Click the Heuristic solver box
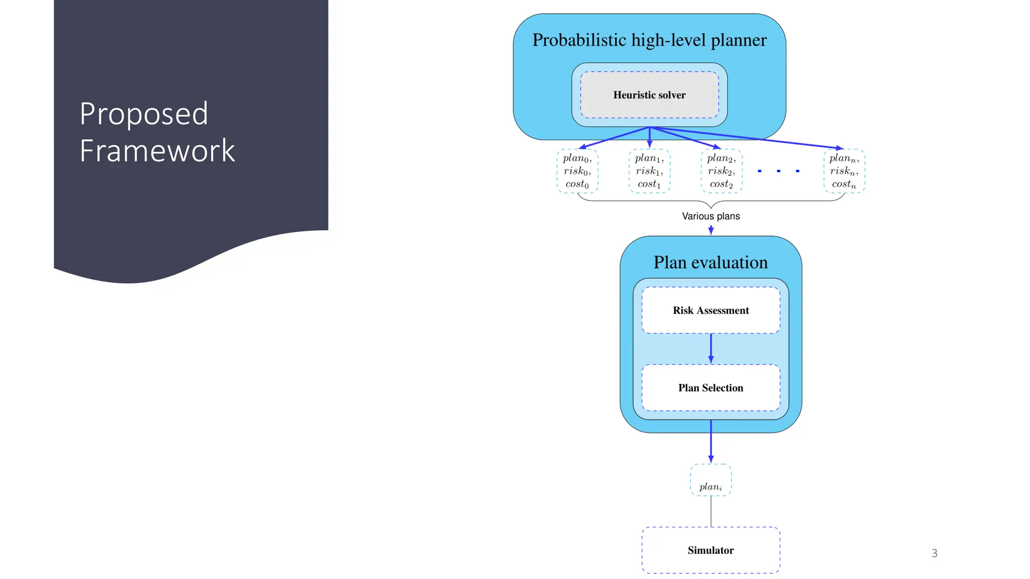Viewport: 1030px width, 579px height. click(x=649, y=95)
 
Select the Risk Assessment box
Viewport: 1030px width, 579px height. click(x=711, y=310)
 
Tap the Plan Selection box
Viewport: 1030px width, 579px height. click(x=711, y=388)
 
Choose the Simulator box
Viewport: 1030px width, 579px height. click(x=711, y=550)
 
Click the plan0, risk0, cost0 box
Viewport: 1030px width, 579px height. click(x=577, y=171)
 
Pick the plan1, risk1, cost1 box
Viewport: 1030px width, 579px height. click(x=649, y=171)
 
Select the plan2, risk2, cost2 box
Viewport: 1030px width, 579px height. click(x=721, y=171)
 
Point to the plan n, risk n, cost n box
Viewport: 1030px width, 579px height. click(x=844, y=171)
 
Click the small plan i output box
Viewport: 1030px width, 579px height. click(x=711, y=480)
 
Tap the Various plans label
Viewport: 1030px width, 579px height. click(x=711, y=216)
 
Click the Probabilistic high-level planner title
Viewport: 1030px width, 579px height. click(x=649, y=40)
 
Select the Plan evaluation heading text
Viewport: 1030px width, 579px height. click(x=711, y=262)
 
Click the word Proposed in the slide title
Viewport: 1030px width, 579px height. click(x=144, y=114)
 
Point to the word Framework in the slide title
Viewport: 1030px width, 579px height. click(x=157, y=150)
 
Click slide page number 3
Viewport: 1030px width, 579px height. click(x=934, y=553)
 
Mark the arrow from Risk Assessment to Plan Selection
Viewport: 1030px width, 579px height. click(x=711, y=348)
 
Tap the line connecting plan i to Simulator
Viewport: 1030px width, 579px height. click(x=711, y=511)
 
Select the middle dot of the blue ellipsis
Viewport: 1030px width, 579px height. click(x=779, y=171)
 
